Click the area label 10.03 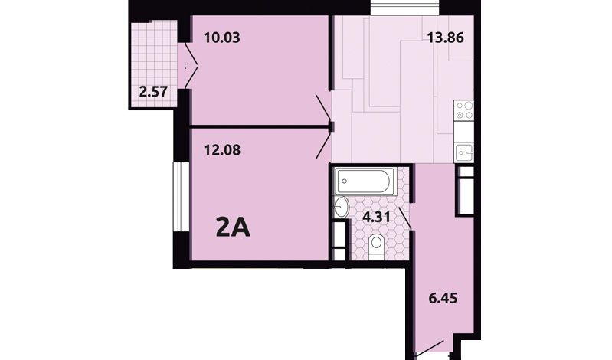coord(221,38)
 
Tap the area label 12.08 coord(222,150)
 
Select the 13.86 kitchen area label coord(445,38)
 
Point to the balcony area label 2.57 coord(153,92)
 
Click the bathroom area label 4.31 coord(377,217)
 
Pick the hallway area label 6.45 coord(443,298)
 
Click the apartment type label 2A coord(233,228)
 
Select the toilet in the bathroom coord(376,247)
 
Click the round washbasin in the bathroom coord(342,207)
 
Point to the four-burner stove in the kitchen coord(464,110)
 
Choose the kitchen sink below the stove coord(464,152)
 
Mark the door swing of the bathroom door coord(404,218)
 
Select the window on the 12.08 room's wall coord(181,197)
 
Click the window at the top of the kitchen coord(404,8)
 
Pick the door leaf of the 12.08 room coord(323,146)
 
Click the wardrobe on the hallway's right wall coord(465,190)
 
